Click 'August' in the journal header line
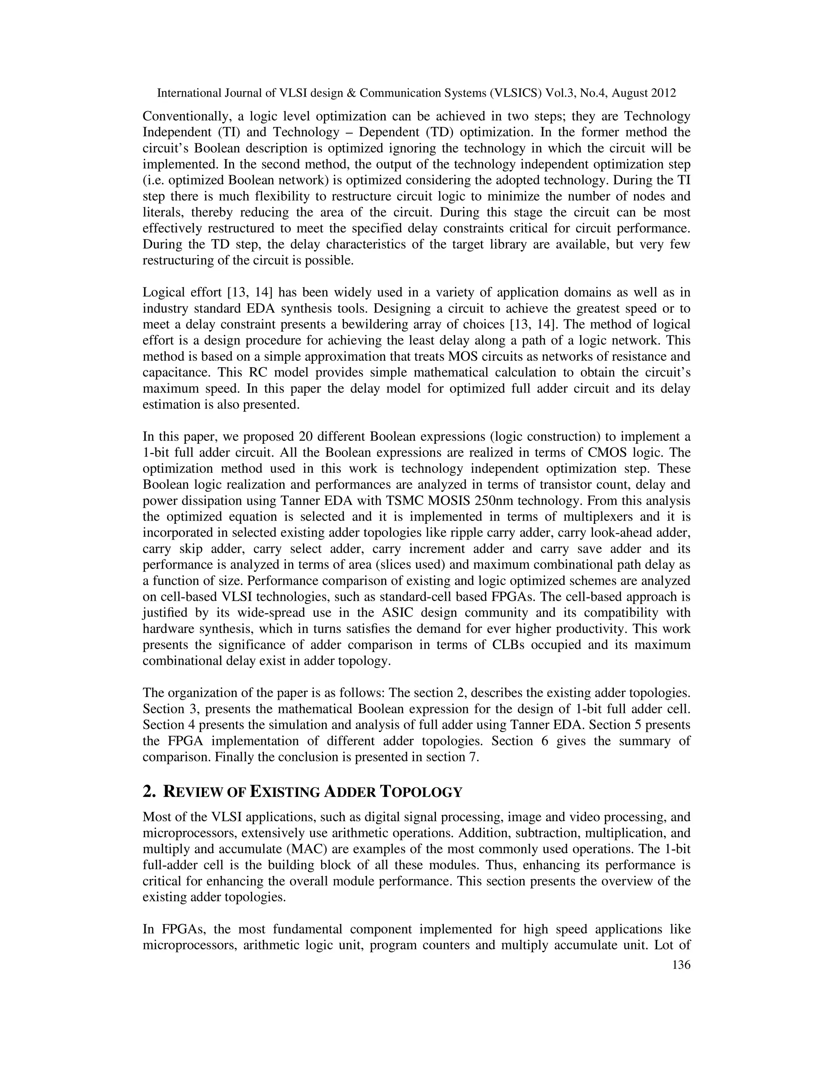pyautogui.click(x=630, y=93)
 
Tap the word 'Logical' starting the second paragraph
pyautogui.click(x=160, y=292)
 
